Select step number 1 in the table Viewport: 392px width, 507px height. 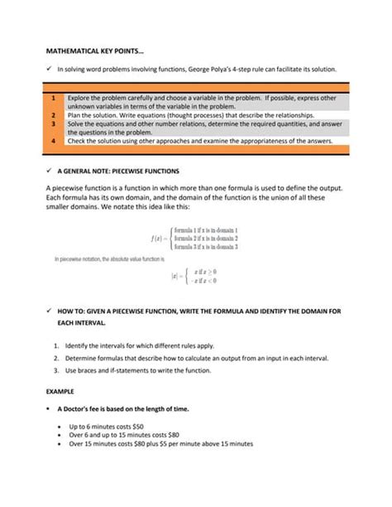coord(53,98)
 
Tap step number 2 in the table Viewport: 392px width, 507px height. coord(53,115)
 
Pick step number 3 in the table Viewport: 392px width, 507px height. coord(53,123)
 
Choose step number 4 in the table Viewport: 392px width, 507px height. coord(53,141)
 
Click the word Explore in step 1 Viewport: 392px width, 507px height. coord(80,98)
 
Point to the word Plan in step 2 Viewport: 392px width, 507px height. coord(74,115)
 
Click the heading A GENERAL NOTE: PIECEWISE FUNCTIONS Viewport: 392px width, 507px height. coord(123,168)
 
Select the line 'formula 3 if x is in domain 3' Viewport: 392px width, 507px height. coord(205,246)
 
